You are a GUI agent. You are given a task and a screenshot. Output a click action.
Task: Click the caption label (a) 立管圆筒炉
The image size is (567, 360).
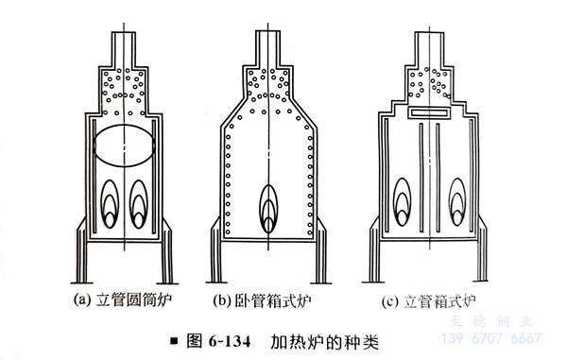(x=123, y=300)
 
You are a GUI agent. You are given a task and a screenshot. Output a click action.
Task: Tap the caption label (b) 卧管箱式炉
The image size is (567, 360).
(x=262, y=300)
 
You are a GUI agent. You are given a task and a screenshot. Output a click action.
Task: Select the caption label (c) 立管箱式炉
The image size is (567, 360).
(x=428, y=301)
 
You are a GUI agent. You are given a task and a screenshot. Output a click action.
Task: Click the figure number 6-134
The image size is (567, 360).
(x=230, y=341)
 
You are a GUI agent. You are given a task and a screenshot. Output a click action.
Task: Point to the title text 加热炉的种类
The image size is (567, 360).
(x=324, y=341)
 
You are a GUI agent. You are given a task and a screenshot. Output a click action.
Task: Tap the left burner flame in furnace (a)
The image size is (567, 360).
(x=110, y=204)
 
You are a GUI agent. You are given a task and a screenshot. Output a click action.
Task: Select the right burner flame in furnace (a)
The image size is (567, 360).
(x=139, y=204)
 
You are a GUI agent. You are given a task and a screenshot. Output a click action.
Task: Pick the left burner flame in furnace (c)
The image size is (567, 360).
(x=402, y=201)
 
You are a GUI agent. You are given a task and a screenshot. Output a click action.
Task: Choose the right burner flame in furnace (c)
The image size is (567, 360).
(x=457, y=201)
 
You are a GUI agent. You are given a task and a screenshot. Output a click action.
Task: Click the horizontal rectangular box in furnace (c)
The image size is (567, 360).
(x=429, y=112)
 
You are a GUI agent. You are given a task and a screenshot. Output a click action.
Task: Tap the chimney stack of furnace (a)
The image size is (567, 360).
(x=124, y=49)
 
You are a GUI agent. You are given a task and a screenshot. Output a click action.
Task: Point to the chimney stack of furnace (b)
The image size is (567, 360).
(x=268, y=48)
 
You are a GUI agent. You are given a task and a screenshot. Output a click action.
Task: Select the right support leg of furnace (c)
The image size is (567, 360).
(x=482, y=249)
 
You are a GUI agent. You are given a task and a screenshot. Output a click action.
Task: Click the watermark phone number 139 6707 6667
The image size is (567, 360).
(x=491, y=338)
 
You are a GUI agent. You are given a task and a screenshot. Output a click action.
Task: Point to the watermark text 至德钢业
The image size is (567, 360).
(x=491, y=320)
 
